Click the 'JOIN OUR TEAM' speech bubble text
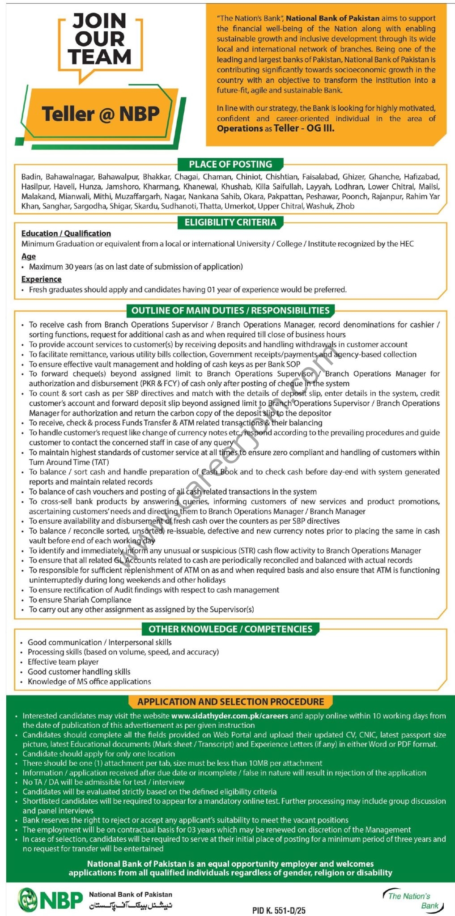(x=100, y=39)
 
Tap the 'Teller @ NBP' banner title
(x=101, y=114)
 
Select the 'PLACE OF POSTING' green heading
(x=230, y=164)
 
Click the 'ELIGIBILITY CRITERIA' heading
(x=230, y=222)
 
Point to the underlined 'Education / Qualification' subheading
(x=66, y=233)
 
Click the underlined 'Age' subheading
(x=29, y=256)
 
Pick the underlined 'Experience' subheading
(x=42, y=279)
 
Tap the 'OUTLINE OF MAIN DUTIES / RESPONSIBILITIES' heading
(x=230, y=310)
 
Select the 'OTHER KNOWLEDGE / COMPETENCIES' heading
(x=230, y=629)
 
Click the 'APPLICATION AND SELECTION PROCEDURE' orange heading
(x=230, y=702)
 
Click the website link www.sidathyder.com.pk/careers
(x=230, y=716)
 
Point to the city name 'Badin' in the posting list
(x=31, y=177)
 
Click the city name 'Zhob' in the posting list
(x=345, y=206)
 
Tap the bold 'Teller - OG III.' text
(x=304, y=129)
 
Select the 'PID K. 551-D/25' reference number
(x=279, y=910)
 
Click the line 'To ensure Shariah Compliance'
(x=80, y=600)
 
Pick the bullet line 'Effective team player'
(x=63, y=662)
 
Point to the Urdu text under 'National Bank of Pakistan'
(x=131, y=905)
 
